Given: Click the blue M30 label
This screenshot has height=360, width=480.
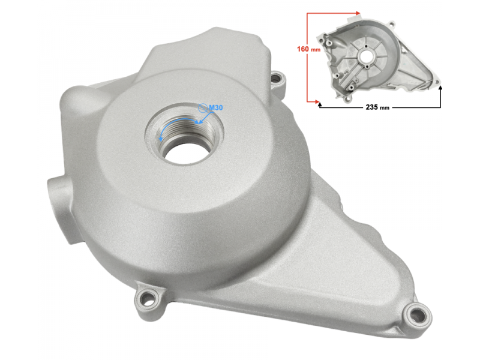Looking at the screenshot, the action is (216, 107).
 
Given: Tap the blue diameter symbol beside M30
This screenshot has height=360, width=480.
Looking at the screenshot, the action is (203, 108).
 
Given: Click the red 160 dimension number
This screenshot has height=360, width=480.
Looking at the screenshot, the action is (303, 49).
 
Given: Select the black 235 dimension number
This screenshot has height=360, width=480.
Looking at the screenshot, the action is (372, 107).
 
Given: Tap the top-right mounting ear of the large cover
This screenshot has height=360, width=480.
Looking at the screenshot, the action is (278, 77).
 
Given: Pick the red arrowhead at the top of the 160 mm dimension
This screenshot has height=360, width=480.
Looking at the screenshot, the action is (358, 13).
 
